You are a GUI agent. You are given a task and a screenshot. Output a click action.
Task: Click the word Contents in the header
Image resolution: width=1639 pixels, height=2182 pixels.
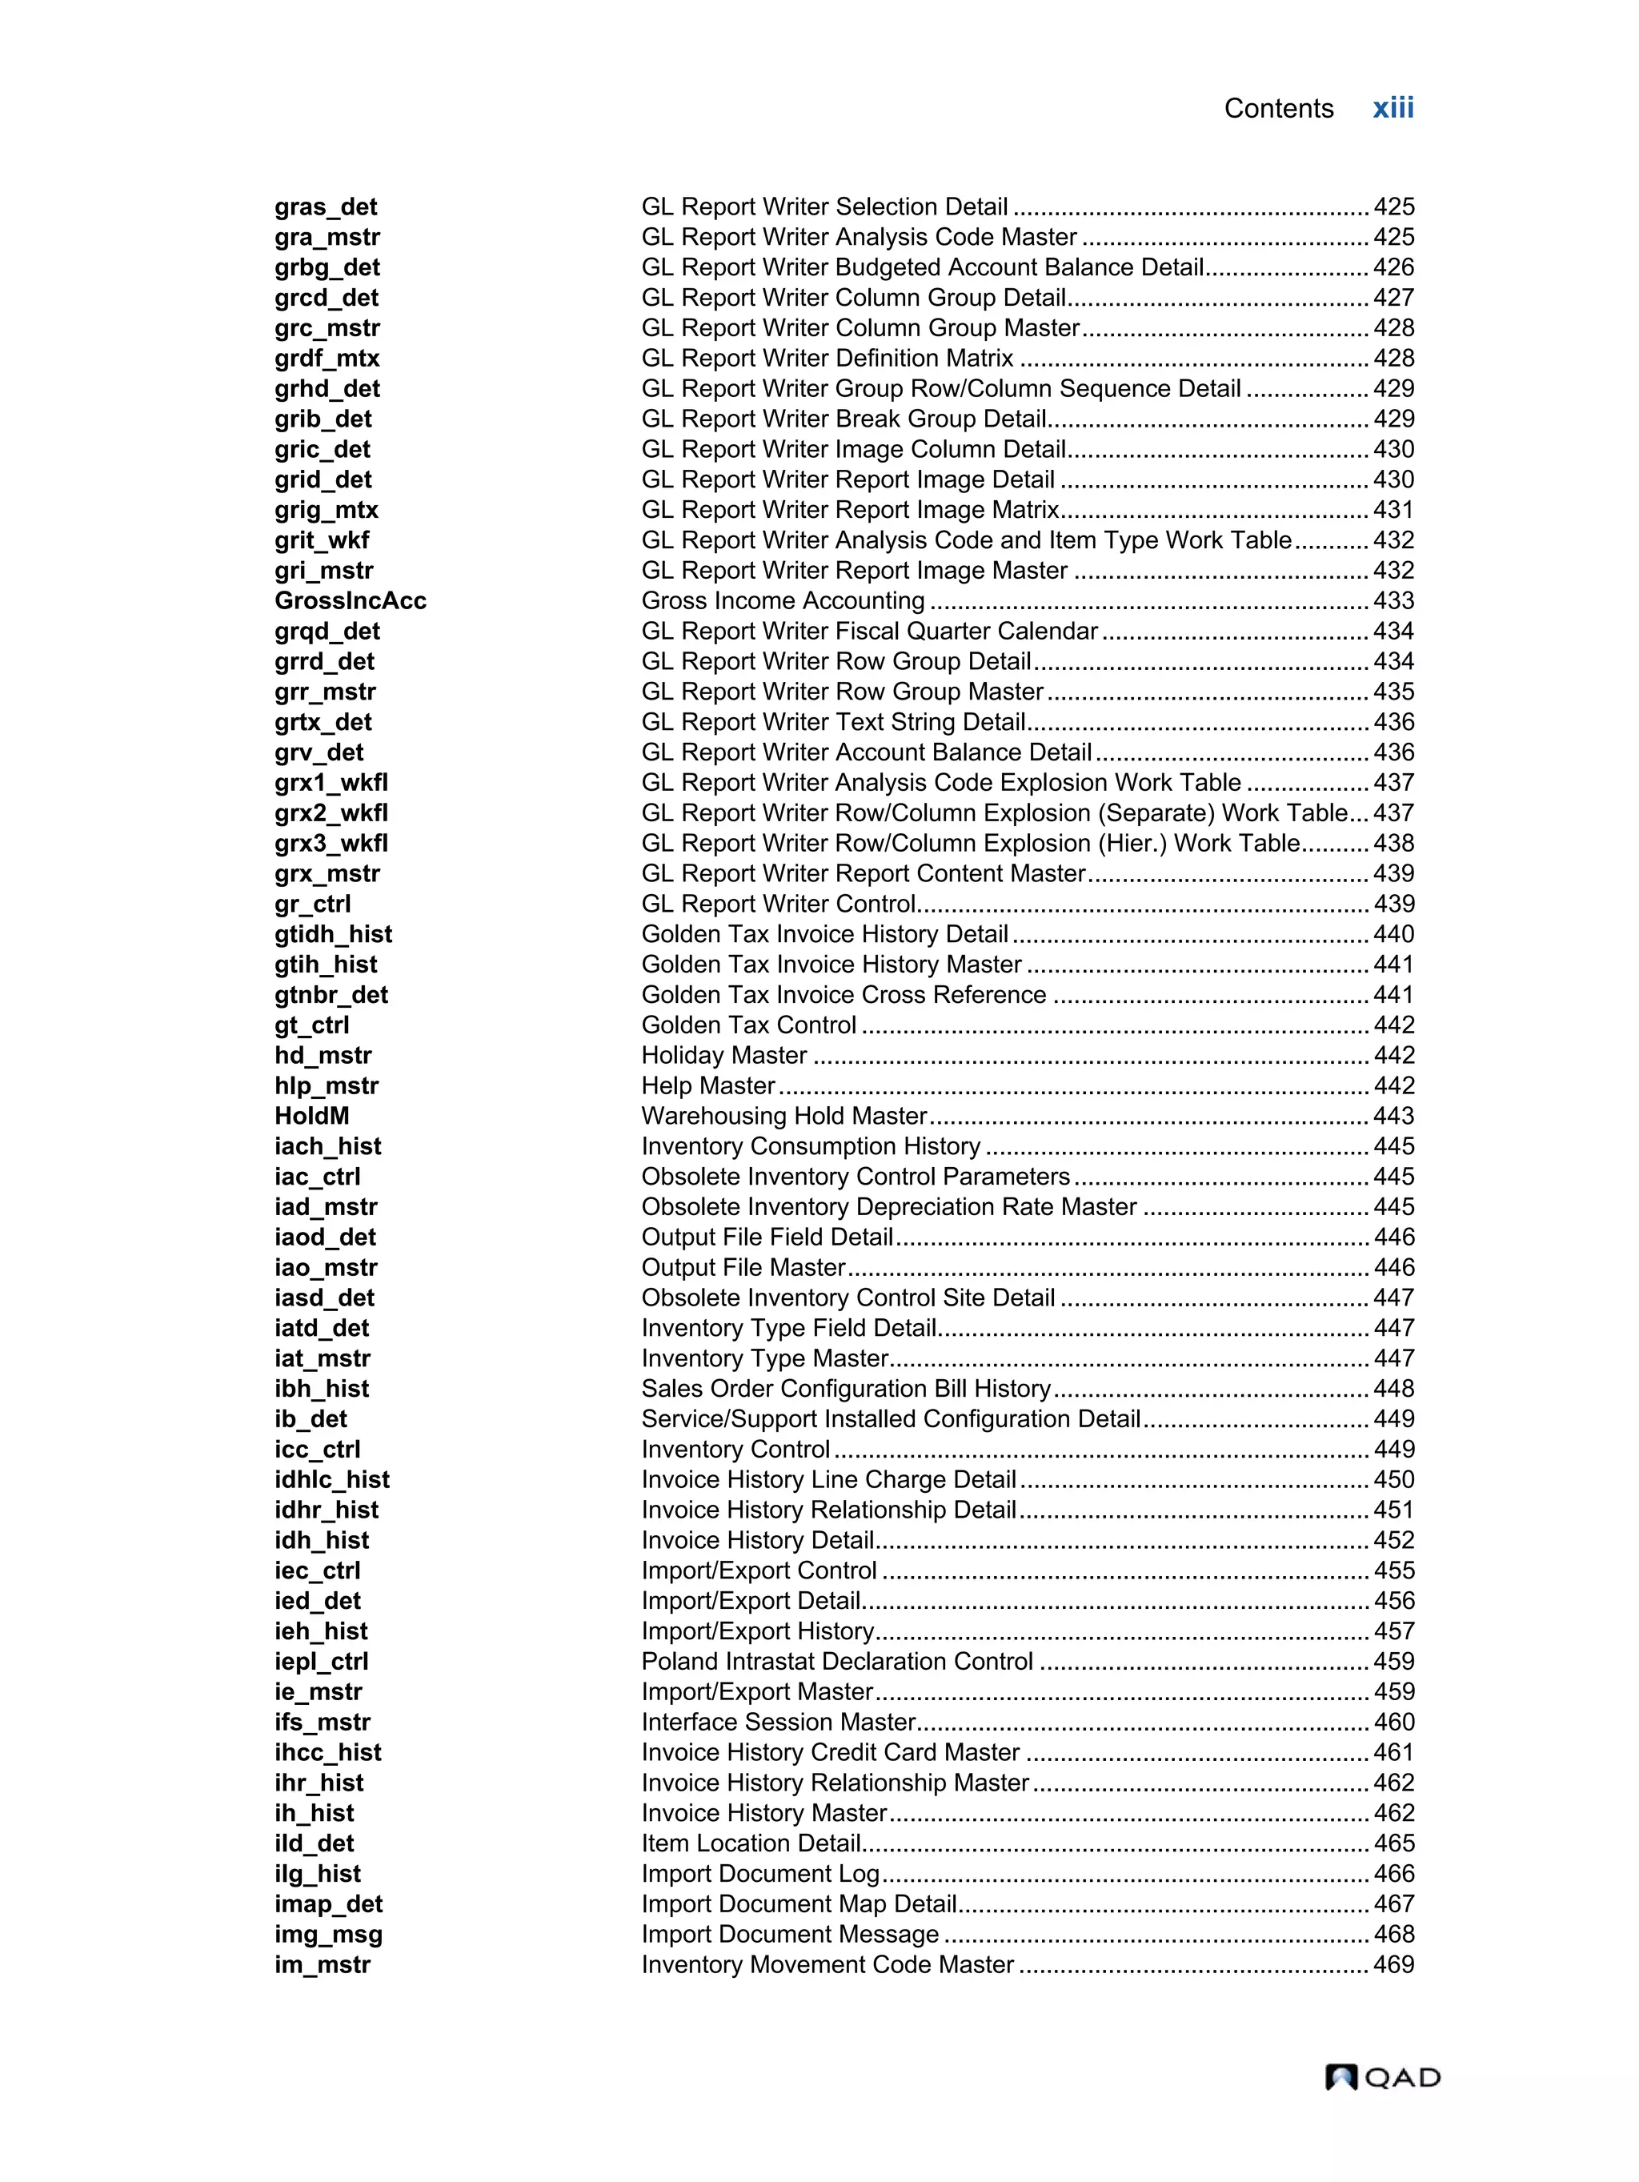pyautogui.click(x=1278, y=109)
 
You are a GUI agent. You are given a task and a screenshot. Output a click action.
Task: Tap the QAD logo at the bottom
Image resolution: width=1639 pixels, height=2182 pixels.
pyautogui.click(x=1381, y=2076)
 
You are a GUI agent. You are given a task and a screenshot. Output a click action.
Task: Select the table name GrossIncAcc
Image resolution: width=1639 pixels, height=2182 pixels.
pyautogui.click(x=350, y=601)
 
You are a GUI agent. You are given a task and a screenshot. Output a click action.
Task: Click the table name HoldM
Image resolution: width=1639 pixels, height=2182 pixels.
pyautogui.click(x=311, y=1116)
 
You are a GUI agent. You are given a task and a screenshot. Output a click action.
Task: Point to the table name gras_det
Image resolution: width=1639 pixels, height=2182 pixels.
pyautogui.click(x=326, y=207)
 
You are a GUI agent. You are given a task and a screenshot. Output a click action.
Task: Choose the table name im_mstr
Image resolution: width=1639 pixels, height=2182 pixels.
pyautogui.click(x=323, y=1964)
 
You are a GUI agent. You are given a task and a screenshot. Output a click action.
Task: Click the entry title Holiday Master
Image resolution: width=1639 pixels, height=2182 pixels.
pyautogui.click(x=723, y=1056)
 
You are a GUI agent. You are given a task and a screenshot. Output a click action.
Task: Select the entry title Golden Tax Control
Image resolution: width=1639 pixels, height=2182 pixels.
pyautogui.click(x=748, y=1025)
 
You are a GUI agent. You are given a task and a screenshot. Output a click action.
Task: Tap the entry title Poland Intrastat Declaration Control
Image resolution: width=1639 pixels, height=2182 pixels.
pyautogui.click(x=837, y=1661)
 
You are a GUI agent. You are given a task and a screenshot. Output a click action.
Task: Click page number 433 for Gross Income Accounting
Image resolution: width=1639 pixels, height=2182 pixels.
pyautogui.click(x=1393, y=601)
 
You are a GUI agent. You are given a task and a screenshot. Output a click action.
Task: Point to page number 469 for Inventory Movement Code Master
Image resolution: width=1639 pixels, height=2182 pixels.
pyautogui.click(x=1393, y=1964)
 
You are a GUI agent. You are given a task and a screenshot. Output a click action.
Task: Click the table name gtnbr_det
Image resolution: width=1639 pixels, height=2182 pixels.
pyautogui.click(x=331, y=994)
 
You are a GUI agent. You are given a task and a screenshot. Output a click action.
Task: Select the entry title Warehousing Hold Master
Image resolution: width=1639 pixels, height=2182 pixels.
pyautogui.click(x=784, y=1116)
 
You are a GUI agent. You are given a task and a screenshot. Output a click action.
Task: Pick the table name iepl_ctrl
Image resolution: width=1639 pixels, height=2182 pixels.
pyautogui.click(x=322, y=1661)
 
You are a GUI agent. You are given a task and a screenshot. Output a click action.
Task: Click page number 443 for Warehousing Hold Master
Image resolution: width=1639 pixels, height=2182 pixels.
pyautogui.click(x=1393, y=1116)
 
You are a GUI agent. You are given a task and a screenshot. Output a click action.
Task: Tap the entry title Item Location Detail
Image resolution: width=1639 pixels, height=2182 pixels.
pyautogui.click(x=751, y=1843)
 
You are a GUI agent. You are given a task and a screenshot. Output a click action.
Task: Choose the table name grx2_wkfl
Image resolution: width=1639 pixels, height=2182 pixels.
pyautogui.click(x=331, y=812)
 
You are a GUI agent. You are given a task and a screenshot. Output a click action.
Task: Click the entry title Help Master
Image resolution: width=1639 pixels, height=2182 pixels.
pyautogui.click(x=708, y=1085)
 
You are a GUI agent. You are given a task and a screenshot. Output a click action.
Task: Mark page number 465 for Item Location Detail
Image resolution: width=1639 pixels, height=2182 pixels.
pyautogui.click(x=1393, y=1843)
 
